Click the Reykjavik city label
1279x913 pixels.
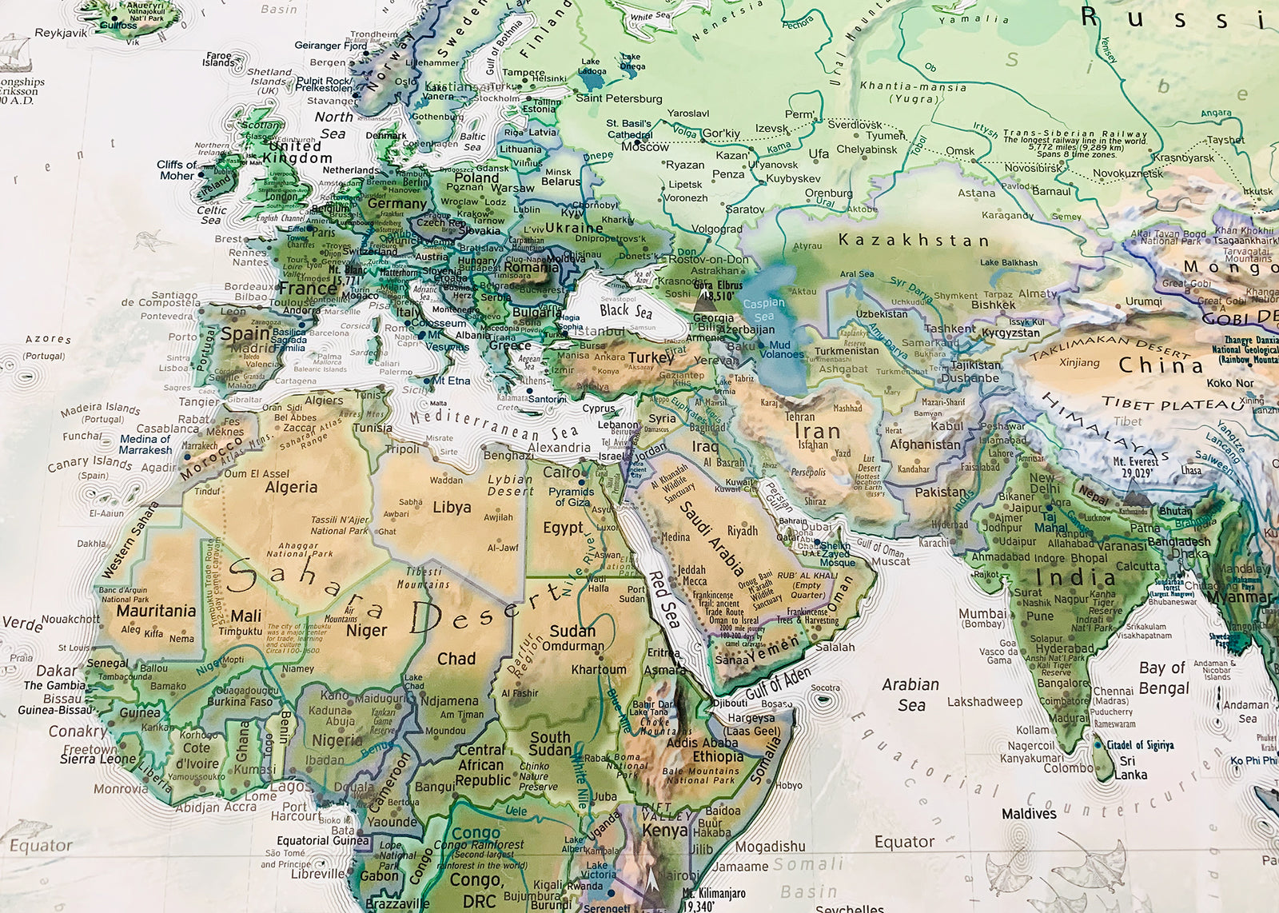coord(61,33)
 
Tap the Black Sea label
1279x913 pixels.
coord(625,310)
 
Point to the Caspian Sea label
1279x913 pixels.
coord(763,309)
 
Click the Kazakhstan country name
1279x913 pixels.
coord(914,240)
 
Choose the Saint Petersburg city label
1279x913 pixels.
coord(619,98)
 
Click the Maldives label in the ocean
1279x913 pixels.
coord(1029,814)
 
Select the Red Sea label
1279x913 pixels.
coord(663,600)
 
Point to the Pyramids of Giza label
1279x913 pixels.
coord(572,496)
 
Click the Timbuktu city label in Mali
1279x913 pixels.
coord(240,631)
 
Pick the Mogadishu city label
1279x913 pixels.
coord(770,846)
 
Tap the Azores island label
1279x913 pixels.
coord(48,339)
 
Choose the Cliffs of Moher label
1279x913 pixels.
coord(177,169)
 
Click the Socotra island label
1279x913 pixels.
coord(825,688)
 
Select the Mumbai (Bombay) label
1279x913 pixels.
coord(982,617)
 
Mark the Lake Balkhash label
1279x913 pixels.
coord(1008,262)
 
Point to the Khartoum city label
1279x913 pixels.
coord(598,669)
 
